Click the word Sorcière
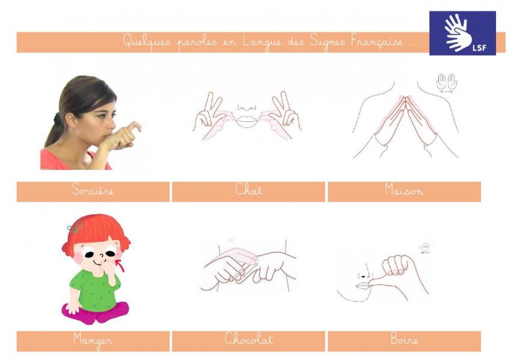point(92,190)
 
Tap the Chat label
point(249,190)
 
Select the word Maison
point(404,190)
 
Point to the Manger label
point(92,340)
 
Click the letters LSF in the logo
point(479,47)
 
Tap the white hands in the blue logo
point(458,32)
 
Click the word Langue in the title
point(262,42)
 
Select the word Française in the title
point(377,41)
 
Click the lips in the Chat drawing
point(247,121)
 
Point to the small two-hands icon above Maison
point(447,82)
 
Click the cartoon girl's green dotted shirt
point(94,290)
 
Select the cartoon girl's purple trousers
point(95,313)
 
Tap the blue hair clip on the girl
point(74,227)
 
